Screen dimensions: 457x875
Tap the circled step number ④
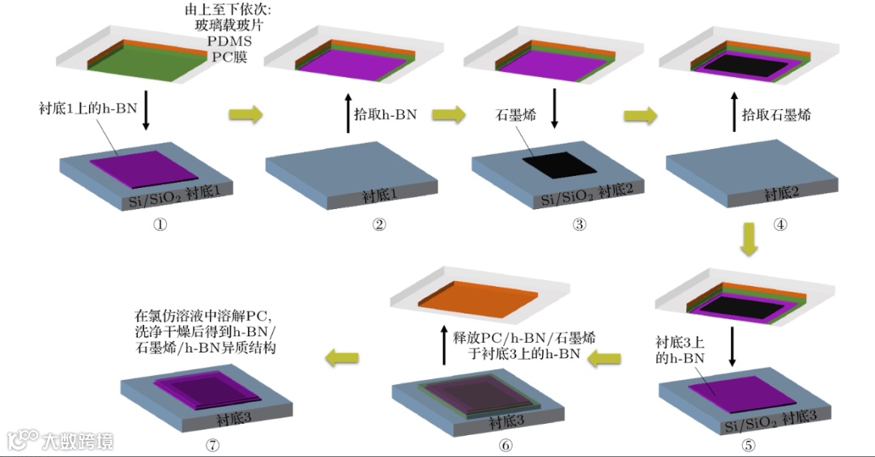tap(780, 225)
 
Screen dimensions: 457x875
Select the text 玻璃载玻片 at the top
tap(230, 25)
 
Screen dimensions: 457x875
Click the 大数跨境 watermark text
tap(79, 441)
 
